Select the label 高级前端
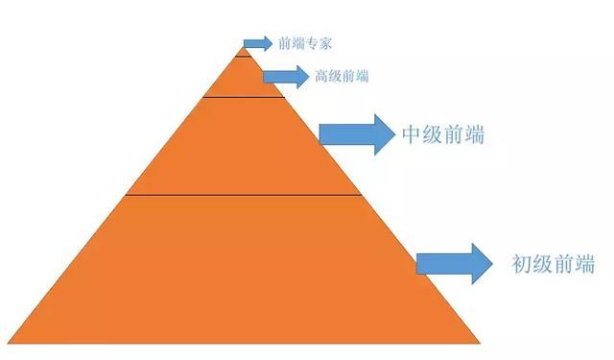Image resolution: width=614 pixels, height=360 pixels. [x=342, y=76]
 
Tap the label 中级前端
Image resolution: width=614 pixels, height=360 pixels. [x=442, y=135]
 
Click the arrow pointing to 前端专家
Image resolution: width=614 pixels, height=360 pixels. [x=257, y=43]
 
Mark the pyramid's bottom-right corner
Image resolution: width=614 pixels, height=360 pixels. [x=479, y=343]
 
